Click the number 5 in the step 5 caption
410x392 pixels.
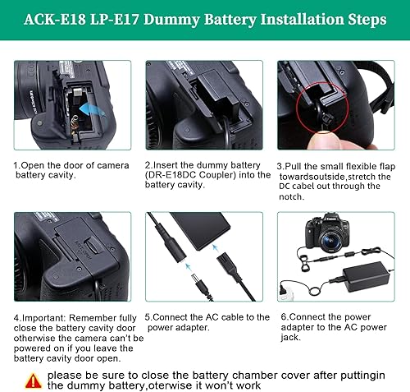148,316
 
